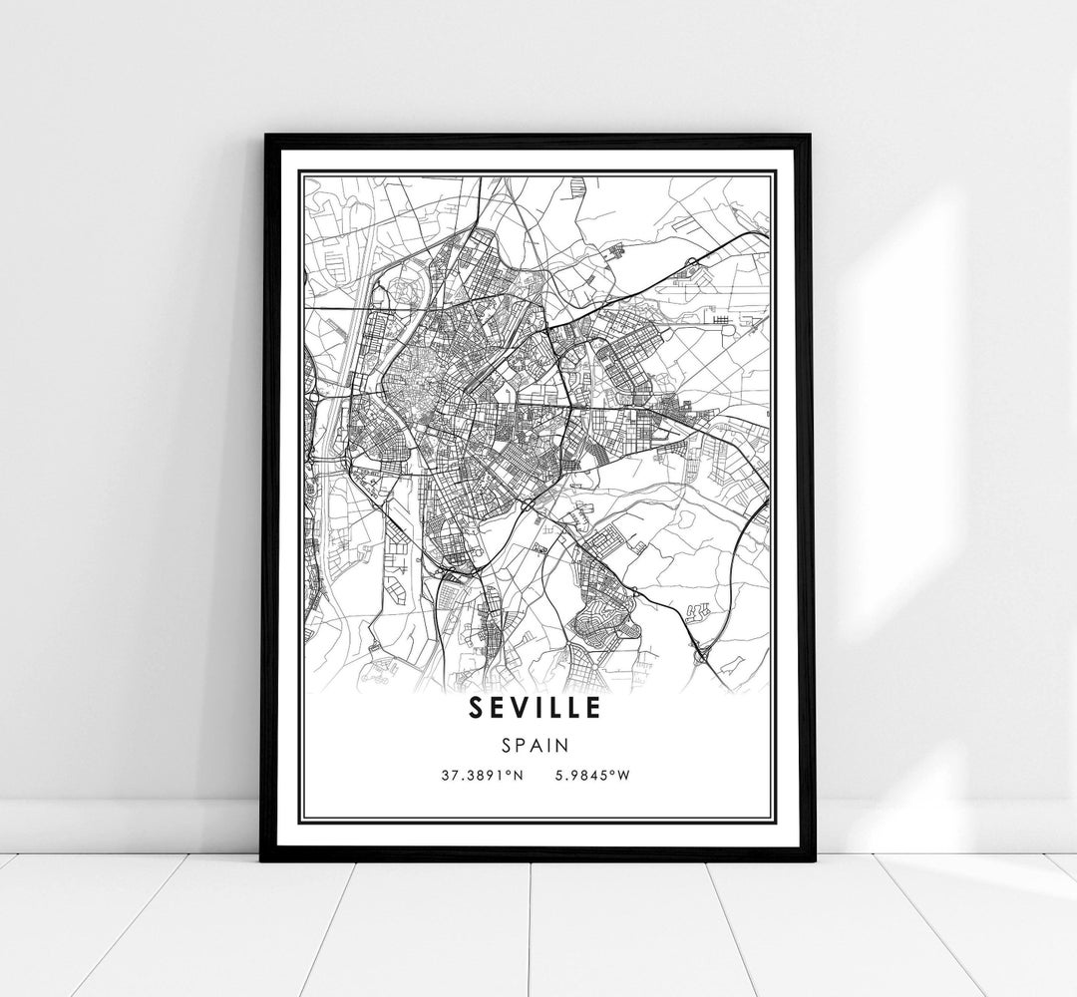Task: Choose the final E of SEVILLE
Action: [593, 707]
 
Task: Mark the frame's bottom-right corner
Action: [812, 859]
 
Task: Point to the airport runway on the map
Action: [724, 321]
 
